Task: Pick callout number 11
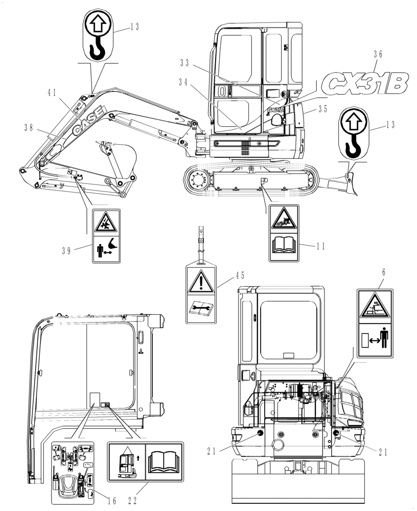(x=321, y=246)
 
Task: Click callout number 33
(x=184, y=63)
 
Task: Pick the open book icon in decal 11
(x=284, y=246)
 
